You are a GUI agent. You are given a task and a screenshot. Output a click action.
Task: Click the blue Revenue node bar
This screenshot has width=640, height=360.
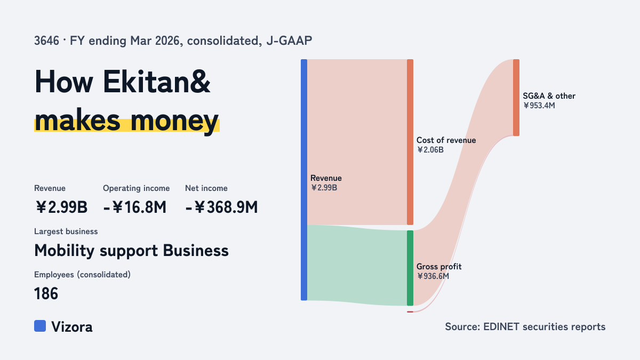304,180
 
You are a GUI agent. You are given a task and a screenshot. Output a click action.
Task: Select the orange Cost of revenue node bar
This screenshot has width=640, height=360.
410,142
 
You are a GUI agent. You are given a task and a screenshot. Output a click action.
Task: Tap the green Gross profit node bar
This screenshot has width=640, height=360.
410,268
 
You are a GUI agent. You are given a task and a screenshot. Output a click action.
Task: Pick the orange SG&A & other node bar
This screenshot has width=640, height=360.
516,98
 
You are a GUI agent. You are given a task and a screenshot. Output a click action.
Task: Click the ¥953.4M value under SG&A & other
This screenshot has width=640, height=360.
539,106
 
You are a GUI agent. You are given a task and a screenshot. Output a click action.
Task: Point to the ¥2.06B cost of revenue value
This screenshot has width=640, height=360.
430,150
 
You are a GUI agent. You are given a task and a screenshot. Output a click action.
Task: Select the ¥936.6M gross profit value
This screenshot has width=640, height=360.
433,276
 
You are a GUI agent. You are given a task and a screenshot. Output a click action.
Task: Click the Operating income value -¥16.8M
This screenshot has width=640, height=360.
134,207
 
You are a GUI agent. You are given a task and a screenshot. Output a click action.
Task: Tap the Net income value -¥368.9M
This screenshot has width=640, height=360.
221,207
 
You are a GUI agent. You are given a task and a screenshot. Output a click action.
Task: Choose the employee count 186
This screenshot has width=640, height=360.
46,293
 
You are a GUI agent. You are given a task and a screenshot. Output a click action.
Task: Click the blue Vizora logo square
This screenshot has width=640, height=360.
40,326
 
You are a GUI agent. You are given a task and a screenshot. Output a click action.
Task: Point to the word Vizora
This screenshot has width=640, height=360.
72,326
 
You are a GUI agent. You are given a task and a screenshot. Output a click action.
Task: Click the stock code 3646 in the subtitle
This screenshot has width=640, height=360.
46,41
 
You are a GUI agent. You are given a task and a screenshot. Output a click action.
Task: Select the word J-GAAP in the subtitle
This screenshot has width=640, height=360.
289,41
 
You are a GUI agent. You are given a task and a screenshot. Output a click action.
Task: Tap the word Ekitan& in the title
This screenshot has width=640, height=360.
157,82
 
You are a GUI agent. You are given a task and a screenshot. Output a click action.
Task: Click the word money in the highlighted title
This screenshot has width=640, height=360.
174,121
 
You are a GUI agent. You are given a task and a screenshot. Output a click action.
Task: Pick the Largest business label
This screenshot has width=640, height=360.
66,231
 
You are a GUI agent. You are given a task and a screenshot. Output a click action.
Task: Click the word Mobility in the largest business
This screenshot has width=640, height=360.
65,251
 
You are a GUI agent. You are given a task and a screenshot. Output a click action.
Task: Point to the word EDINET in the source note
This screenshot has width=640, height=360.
501,326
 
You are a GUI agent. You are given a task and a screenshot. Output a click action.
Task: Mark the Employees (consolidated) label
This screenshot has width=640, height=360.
82,275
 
